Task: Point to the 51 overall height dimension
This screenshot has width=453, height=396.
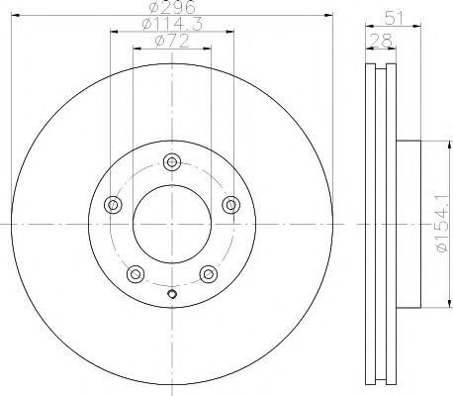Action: click(x=395, y=16)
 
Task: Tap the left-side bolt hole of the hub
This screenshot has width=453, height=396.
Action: click(x=112, y=205)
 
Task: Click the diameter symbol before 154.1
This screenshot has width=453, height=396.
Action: click(x=439, y=253)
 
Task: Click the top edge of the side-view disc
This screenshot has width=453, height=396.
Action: click(x=381, y=64)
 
